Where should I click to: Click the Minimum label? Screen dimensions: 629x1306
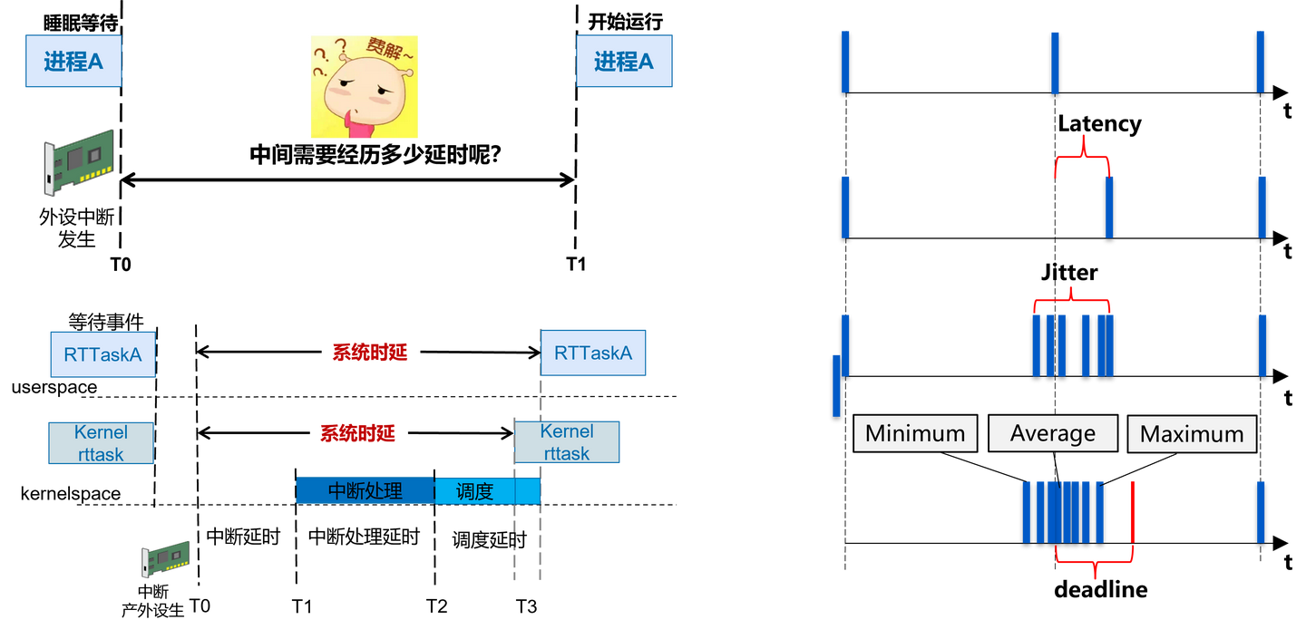click(x=915, y=434)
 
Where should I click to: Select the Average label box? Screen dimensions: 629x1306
click(x=1053, y=434)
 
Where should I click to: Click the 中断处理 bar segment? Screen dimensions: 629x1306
click(x=365, y=490)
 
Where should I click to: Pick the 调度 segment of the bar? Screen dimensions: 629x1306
click(x=475, y=491)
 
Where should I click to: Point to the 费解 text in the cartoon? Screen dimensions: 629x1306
click(x=387, y=51)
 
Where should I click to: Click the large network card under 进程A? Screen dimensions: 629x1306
click(x=80, y=161)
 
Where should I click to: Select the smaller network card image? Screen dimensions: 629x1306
click(x=165, y=558)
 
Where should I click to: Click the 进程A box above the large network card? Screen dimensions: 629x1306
click(x=73, y=62)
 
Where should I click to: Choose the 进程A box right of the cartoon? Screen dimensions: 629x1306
click(x=623, y=62)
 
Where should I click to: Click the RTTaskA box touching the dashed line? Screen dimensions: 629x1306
click(x=593, y=353)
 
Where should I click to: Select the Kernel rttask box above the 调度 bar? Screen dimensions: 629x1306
click(x=567, y=442)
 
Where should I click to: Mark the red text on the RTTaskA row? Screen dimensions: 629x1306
click(x=370, y=352)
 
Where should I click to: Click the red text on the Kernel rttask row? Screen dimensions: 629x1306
click(x=357, y=433)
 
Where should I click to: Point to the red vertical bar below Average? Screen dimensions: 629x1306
click(x=1132, y=512)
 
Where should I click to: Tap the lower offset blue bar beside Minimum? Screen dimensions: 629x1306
click(x=836, y=384)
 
